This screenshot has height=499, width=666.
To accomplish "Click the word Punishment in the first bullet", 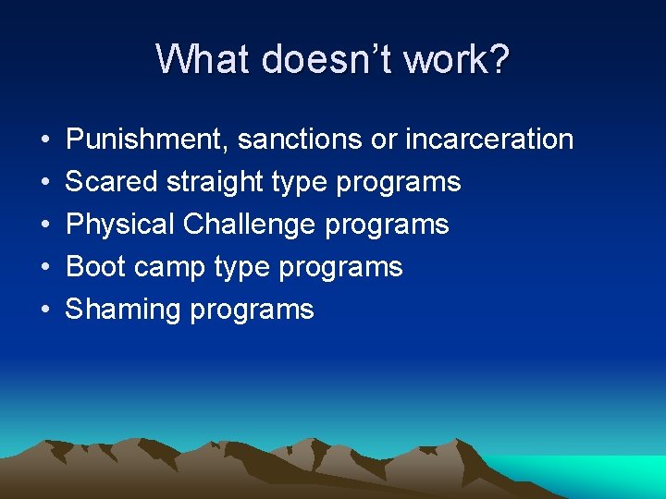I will [147, 140].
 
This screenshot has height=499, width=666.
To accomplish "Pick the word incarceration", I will [489, 140].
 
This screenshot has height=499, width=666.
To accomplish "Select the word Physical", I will [121, 225].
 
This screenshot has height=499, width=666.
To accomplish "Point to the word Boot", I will [95, 267].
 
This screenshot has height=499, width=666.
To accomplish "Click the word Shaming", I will [123, 310].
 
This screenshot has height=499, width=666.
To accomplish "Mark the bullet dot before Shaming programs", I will [44, 310].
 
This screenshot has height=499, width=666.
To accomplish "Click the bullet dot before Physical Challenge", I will [44, 225].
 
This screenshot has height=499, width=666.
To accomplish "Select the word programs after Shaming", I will [252, 310].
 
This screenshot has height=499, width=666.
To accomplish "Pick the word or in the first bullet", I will [383, 140].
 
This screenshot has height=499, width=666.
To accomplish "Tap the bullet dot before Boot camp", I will [44, 268].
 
